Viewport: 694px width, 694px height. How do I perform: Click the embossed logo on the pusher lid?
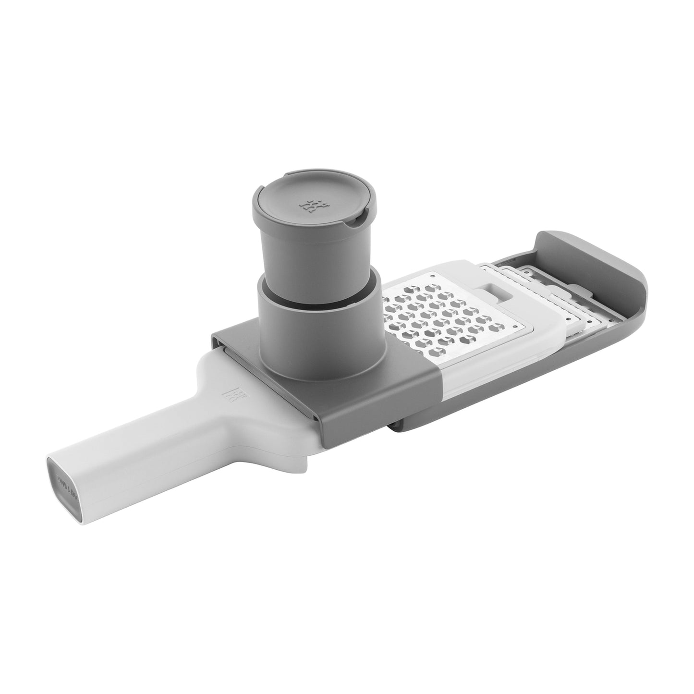coord(309,206)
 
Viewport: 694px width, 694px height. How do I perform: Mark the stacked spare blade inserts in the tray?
coord(567,312)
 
